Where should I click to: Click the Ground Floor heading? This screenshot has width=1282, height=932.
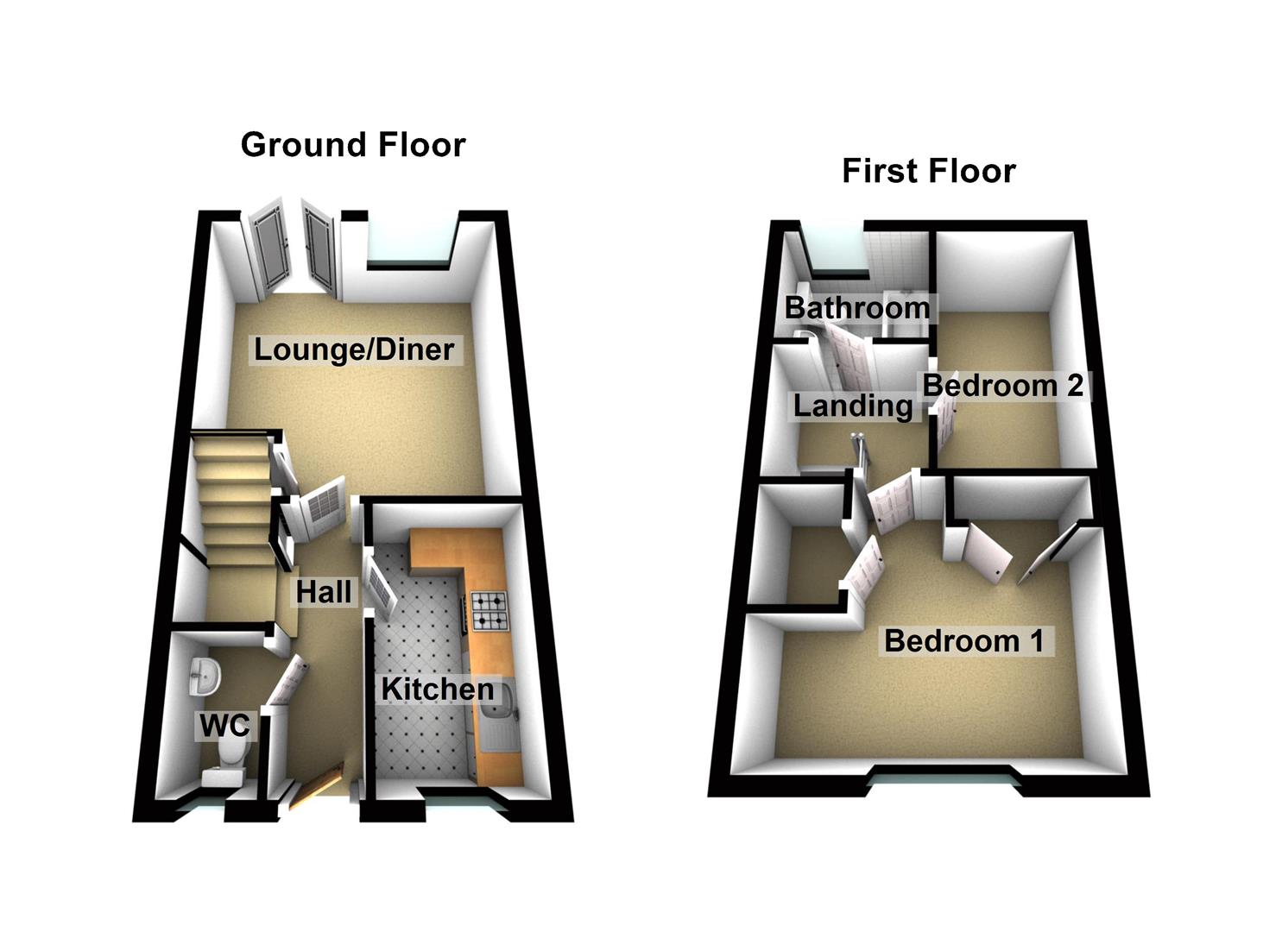click(x=353, y=145)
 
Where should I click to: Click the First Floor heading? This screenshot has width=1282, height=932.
click(x=928, y=171)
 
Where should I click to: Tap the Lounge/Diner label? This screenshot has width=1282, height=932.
click(x=354, y=349)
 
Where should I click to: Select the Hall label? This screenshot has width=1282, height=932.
click(x=324, y=592)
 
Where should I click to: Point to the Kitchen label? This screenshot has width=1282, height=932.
click(x=438, y=689)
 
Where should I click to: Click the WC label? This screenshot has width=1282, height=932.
click(x=224, y=726)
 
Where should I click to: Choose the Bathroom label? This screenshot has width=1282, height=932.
click(x=857, y=307)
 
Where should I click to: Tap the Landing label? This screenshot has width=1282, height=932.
click(x=853, y=406)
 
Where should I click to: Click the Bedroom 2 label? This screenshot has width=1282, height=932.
click(x=1002, y=385)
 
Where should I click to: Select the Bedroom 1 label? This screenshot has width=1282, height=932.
click(x=964, y=640)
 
